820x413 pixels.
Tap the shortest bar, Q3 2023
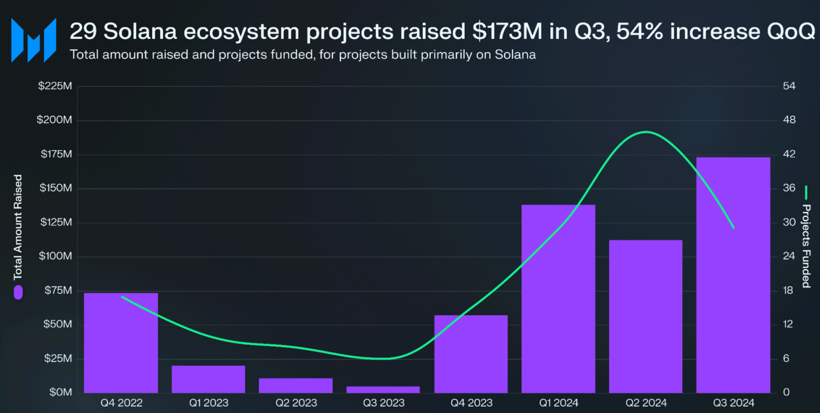(x=383, y=389)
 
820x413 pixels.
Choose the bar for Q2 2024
(x=645, y=316)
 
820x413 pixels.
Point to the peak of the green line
(x=646, y=132)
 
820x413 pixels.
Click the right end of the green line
(x=733, y=228)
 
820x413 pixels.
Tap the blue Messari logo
(x=34, y=40)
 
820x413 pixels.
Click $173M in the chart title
(x=507, y=31)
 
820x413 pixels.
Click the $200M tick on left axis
(x=54, y=120)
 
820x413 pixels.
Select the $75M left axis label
(x=58, y=290)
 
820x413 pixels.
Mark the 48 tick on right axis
(x=789, y=120)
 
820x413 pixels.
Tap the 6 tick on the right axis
(x=786, y=359)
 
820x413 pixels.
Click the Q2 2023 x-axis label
(x=296, y=403)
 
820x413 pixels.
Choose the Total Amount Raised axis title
(x=18, y=227)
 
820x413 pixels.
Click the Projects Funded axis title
(x=806, y=246)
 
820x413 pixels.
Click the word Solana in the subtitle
(x=515, y=54)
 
